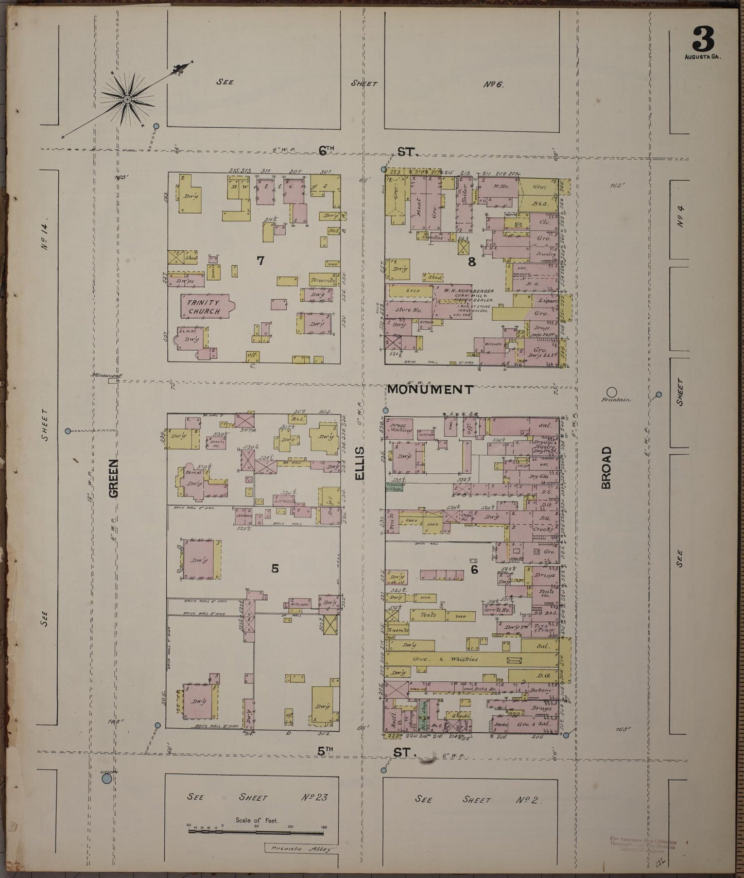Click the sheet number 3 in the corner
[x=703, y=38]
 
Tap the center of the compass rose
[x=126, y=98]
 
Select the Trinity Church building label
[x=204, y=307]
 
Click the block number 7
[x=261, y=261]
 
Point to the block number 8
[x=471, y=262]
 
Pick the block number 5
[x=275, y=569]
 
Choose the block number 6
[x=474, y=570]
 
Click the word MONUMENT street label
[x=429, y=390]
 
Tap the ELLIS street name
[x=359, y=463]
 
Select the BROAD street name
[x=606, y=468]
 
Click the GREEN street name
[x=113, y=478]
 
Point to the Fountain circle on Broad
[x=612, y=392]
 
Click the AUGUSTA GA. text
[x=703, y=57]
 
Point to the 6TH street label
[x=326, y=150]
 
